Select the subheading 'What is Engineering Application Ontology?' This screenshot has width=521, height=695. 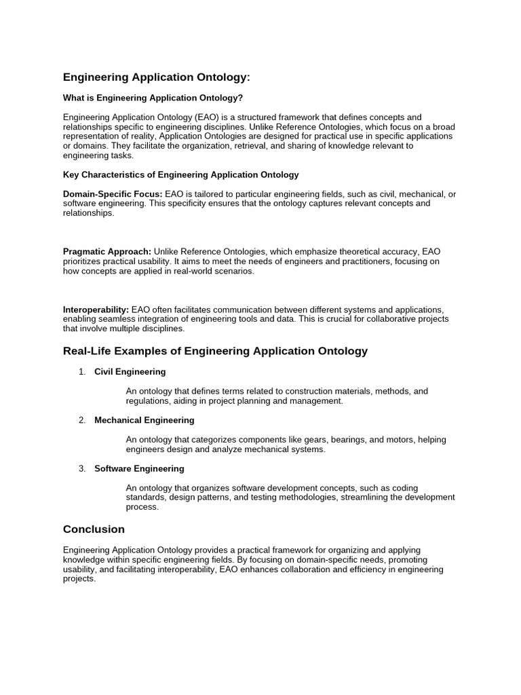153,98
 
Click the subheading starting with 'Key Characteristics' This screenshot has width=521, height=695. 180,174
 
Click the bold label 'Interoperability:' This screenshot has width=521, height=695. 96,309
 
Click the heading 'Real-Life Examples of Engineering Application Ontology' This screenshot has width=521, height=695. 215,351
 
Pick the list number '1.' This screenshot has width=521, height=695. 82,372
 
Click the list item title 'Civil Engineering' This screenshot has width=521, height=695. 130,372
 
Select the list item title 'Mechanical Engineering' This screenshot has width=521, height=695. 144,420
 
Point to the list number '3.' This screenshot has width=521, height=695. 82,469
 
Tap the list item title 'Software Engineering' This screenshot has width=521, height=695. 139,469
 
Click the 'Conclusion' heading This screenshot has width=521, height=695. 94,529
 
